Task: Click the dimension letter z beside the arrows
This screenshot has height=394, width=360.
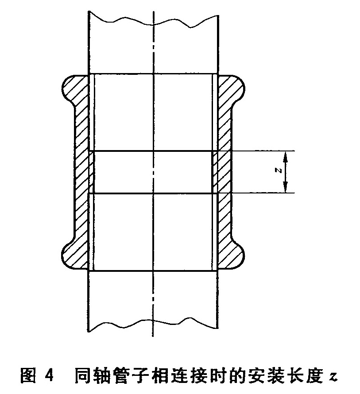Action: click(278, 170)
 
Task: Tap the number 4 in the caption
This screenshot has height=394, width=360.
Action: click(50, 376)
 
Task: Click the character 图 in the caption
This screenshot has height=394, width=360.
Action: click(28, 376)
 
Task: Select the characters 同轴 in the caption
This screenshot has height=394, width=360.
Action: click(93, 376)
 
